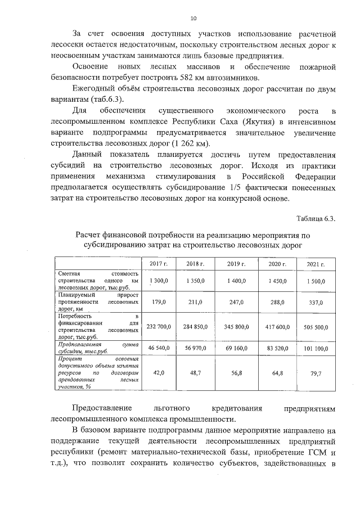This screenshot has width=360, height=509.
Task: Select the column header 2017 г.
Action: (x=159, y=264)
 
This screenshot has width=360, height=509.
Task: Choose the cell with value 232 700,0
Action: (x=159, y=326)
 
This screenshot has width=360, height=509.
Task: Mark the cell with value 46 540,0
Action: (x=159, y=349)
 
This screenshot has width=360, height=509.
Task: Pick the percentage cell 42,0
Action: (x=159, y=372)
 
